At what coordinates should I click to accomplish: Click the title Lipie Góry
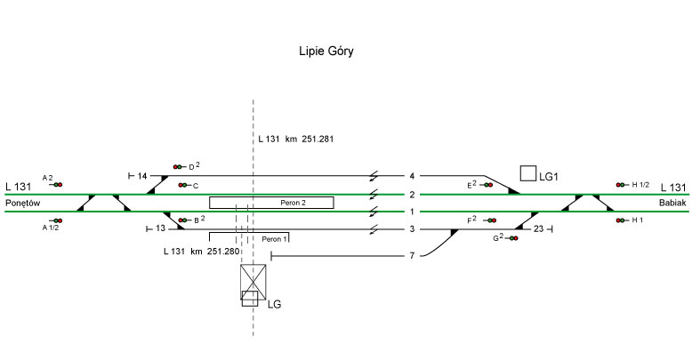[x=326, y=52]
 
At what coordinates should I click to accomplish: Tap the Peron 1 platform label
[x=274, y=240]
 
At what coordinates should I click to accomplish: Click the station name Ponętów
[x=25, y=203]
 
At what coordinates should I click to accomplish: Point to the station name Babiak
[x=672, y=203]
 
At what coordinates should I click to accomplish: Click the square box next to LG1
[x=528, y=173]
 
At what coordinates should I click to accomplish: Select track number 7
[x=412, y=256]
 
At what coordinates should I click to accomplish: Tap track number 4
[x=412, y=176]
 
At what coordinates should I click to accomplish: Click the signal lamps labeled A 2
[x=58, y=184]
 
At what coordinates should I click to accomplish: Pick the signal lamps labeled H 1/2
[x=620, y=185]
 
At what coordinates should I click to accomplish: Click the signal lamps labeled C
[x=182, y=185]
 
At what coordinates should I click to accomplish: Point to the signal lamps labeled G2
[x=514, y=237]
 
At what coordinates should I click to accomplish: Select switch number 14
[x=142, y=176]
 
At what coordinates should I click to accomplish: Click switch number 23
[x=538, y=229]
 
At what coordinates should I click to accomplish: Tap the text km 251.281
[x=308, y=140]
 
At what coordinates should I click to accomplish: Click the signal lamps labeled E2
[x=488, y=185]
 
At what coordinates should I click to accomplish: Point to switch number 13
[x=160, y=228]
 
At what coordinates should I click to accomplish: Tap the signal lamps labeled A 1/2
[x=58, y=220]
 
